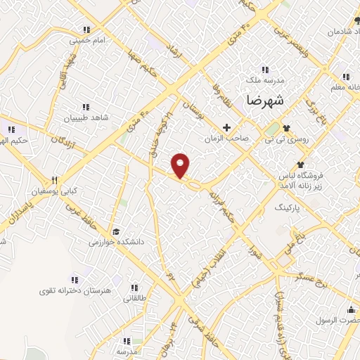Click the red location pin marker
(181, 165)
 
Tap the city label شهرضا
(266, 100)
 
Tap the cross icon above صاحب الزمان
(226, 128)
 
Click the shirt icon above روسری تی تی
(286, 128)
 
